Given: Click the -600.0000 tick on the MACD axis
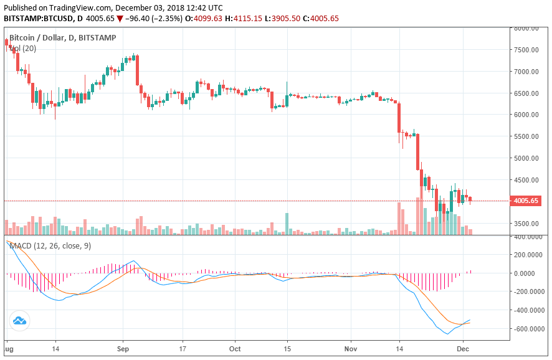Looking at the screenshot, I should tap(528, 328).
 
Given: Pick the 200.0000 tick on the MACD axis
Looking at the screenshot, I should tap(529, 255).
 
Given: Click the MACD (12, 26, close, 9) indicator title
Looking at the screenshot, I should tap(50, 246).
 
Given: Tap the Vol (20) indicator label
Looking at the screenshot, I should tap(23, 48).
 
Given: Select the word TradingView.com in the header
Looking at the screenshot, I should tap(81, 8).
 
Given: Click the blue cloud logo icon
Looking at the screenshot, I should tap(19, 321).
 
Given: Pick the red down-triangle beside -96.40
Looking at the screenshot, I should tap(120, 19).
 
